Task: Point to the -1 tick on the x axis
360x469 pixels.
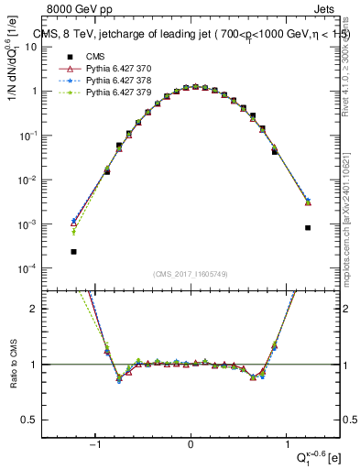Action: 94,442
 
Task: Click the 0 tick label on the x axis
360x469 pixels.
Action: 191,442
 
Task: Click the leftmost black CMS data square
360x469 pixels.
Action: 73,251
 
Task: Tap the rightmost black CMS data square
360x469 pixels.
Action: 308,227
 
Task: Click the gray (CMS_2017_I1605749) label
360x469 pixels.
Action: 191,274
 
